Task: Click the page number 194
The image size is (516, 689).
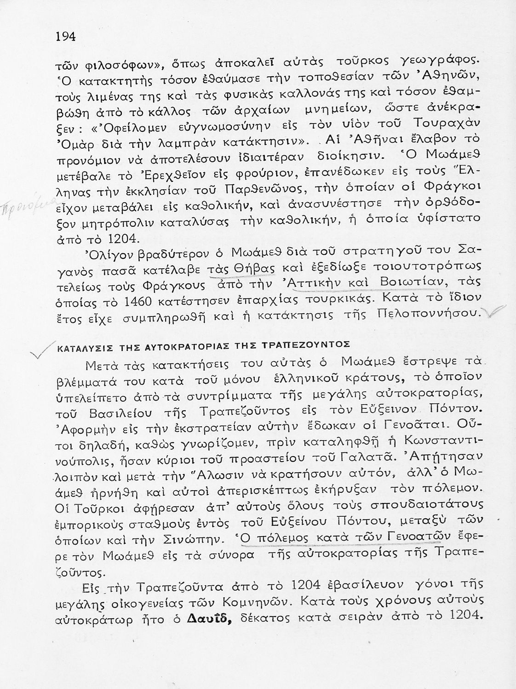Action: point(66,36)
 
